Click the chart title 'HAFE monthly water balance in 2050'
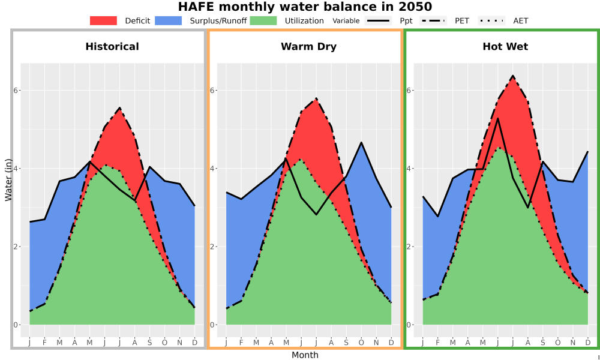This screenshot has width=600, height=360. click(x=305, y=7)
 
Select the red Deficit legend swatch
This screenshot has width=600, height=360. click(x=103, y=20)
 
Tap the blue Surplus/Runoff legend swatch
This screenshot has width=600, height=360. click(x=169, y=20)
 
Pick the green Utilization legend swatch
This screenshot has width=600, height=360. click(x=263, y=20)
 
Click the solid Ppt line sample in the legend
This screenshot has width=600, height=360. click(x=377, y=20)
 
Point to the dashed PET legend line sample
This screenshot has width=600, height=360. click(x=433, y=20)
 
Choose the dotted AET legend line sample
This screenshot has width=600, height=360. click(x=491, y=20)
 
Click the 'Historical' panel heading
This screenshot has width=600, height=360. click(x=112, y=47)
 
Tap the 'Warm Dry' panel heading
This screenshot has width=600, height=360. click(x=309, y=47)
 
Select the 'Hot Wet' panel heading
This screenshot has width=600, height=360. click(x=505, y=47)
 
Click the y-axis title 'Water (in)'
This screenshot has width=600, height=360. click(x=8, y=180)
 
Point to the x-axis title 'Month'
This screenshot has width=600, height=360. click(x=305, y=355)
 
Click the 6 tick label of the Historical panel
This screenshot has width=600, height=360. click(x=16, y=90)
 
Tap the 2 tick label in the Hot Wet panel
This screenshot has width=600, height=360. click(x=409, y=247)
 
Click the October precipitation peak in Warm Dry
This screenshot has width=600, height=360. click(x=361, y=142)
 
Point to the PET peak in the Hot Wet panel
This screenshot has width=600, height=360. click(x=513, y=76)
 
